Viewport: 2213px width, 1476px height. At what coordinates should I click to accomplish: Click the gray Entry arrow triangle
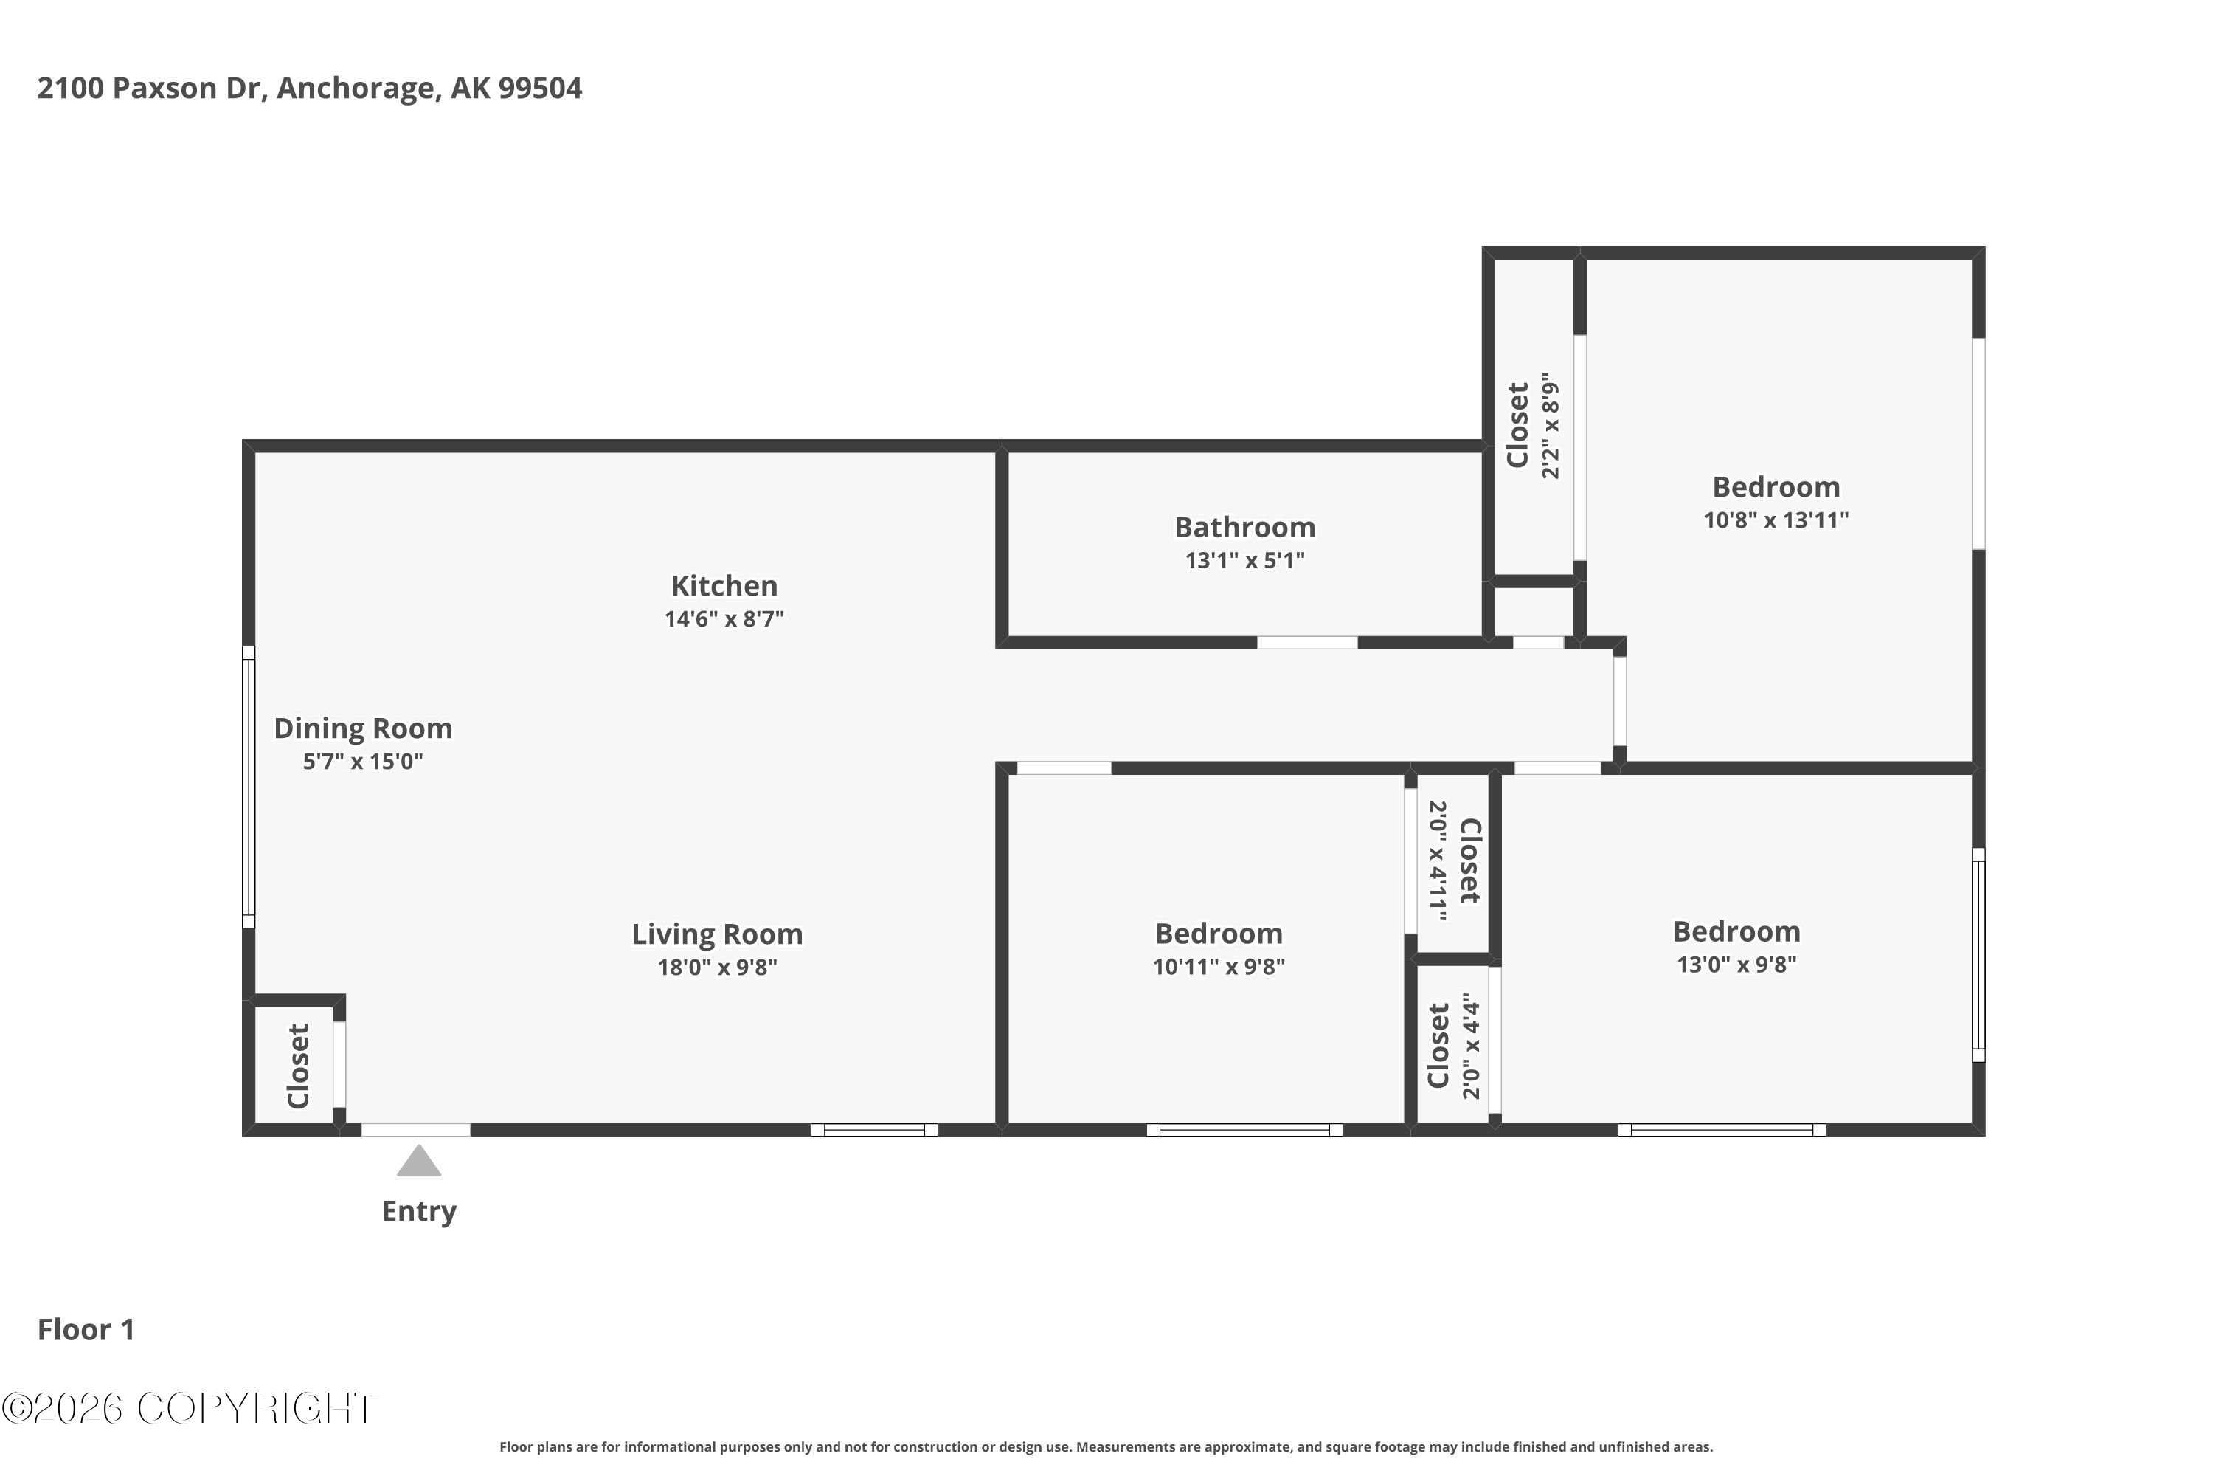click(419, 1162)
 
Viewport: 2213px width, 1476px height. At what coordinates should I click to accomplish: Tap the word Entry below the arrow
click(419, 1212)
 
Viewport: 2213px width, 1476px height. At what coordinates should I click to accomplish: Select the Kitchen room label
click(724, 585)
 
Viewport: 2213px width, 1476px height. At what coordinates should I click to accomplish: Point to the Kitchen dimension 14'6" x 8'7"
click(724, 618)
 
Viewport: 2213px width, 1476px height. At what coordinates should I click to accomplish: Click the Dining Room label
click(363, 728)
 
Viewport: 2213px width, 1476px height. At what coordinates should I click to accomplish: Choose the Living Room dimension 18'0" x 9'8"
click(717, 967)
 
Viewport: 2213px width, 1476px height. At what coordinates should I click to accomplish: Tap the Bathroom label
click(1245, 527)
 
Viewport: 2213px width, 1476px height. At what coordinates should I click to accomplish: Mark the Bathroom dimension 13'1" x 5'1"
click(1245, 560)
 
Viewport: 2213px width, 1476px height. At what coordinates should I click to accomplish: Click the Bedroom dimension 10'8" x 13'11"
click(1776, 520)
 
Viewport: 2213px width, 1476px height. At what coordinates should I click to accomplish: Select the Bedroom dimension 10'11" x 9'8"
click(1219, 967)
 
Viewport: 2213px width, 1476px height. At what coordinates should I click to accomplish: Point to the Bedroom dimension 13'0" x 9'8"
click(1737, 964)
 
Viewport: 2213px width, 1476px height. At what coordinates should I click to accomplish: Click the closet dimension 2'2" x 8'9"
click(1551, 426)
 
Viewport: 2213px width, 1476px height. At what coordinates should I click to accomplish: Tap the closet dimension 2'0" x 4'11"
click(1438, 861)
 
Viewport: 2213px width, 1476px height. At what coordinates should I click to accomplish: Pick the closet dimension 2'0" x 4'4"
click(1472, 1045)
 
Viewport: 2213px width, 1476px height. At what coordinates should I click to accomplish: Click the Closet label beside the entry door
click(298, 1066)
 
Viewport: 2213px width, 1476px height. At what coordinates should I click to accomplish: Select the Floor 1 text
click(86, 1329)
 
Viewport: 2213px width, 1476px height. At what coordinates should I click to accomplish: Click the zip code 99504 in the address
click(540, 88)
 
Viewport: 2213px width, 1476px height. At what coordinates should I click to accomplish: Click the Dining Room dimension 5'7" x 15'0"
click(363, 761)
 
